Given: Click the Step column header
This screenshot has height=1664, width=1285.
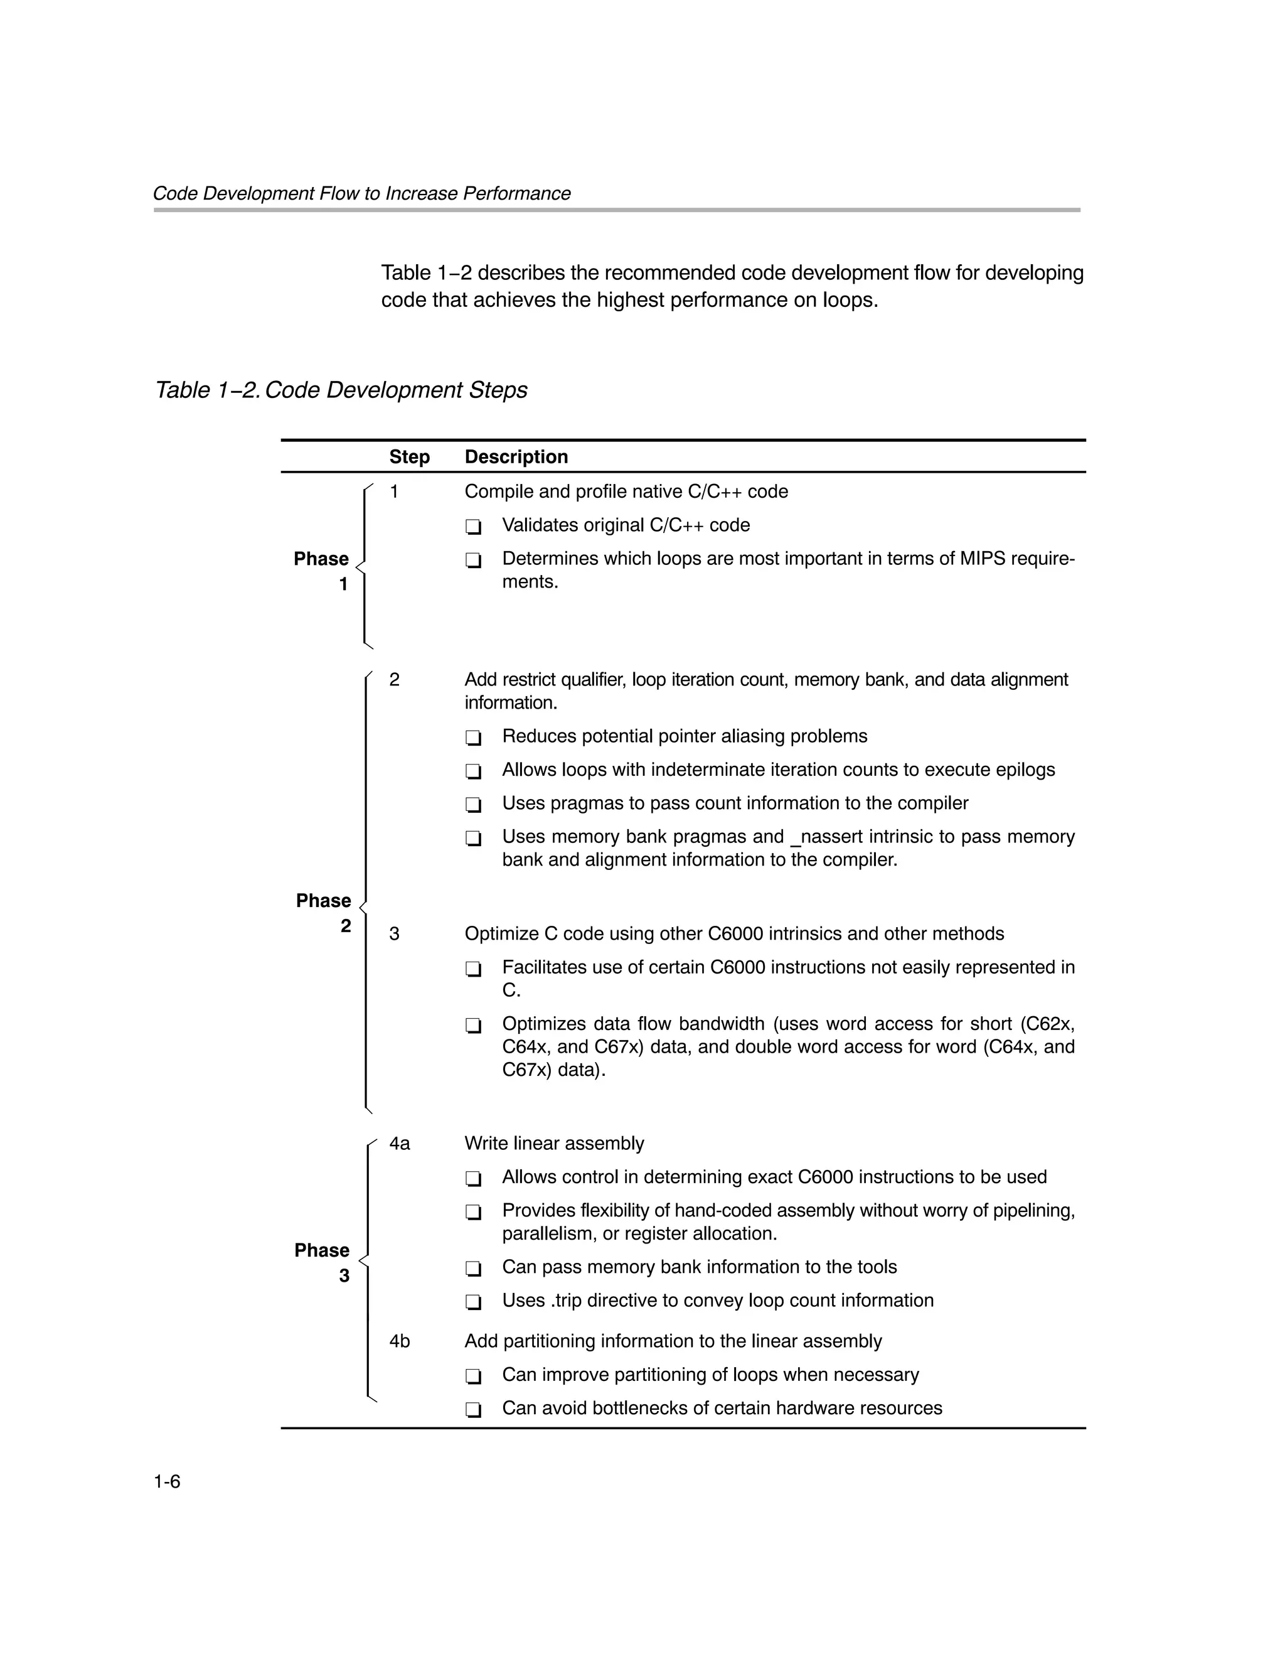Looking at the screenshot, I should [x=409, y=456].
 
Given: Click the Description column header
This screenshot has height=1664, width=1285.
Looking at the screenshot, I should [x=516, y=456].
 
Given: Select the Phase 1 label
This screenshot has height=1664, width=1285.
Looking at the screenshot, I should [x=321, y=571].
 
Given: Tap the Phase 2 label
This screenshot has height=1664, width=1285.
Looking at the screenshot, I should [x=324, y=913].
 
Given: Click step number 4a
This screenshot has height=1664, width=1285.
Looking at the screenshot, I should [x=399, y=1144].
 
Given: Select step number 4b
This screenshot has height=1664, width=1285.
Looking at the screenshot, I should [x=399, y=1341].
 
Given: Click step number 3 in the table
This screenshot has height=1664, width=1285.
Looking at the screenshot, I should [x=394, y=933].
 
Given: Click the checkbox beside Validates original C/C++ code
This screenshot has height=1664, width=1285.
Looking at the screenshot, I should [x=473, y=527].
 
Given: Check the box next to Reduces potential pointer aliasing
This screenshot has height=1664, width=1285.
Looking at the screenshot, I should [x=473, y=738].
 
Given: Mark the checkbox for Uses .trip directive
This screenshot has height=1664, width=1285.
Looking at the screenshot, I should [x=473, y=1302].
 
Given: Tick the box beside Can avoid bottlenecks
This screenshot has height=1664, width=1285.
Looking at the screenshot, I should [x=473, y=1410].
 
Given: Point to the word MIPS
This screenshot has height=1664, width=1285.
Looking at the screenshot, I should [x=982, y=559].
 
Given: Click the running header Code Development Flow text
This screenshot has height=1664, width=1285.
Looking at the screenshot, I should [x=361, y=193].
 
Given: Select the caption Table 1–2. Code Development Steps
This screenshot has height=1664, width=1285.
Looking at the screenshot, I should [x=341, y=390].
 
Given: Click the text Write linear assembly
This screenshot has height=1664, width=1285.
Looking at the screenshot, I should [x=554, y=1144].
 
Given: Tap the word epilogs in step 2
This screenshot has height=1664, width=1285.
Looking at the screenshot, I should [x=1023, y=770].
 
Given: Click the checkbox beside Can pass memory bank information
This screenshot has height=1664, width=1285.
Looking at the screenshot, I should [x=473, y=1269].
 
